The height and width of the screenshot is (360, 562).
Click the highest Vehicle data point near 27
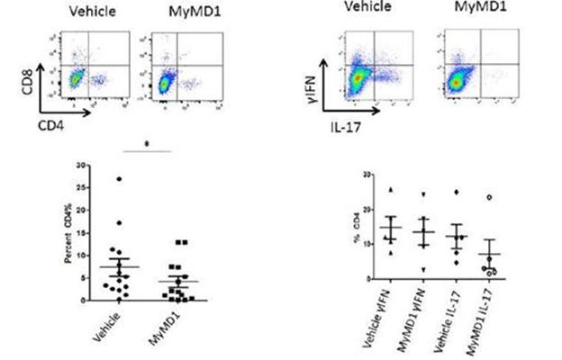pyautogui.click(x=118, y=179)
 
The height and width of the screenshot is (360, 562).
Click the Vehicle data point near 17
pyautogui.click(x=118, y=222)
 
